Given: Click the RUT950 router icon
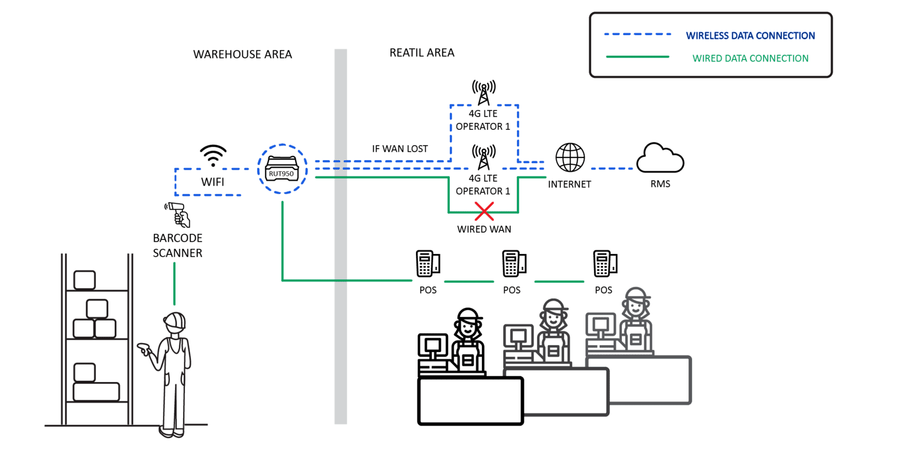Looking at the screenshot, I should (x=282, y=169).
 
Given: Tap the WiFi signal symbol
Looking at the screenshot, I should (x=213, y=156).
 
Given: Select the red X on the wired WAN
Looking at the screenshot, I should (x=484, y=211).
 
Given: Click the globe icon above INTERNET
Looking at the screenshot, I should (x=570, y=157).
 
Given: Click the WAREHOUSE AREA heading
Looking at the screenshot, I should (x=243, y=55).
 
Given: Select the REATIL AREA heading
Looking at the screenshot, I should (x=422, y=53).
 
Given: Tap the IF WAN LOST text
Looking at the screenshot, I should (x=400, y=149).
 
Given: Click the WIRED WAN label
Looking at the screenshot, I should (x=484, y=229).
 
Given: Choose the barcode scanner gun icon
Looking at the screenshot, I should (x=178, y=214).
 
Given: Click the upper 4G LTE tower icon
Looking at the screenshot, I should (x=484, y=92).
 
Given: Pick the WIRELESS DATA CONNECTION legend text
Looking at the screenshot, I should (x=750, y=36).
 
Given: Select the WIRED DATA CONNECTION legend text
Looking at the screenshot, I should (x=750, y=59).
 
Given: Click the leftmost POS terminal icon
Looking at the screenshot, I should (x=427, y=264).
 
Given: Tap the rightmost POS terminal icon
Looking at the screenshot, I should (x=605, y=264).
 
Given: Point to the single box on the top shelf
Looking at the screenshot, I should (x=85, y=280).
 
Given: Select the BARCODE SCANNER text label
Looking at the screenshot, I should (x=177, y=245).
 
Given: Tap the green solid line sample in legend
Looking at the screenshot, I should (x=637, y=57).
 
